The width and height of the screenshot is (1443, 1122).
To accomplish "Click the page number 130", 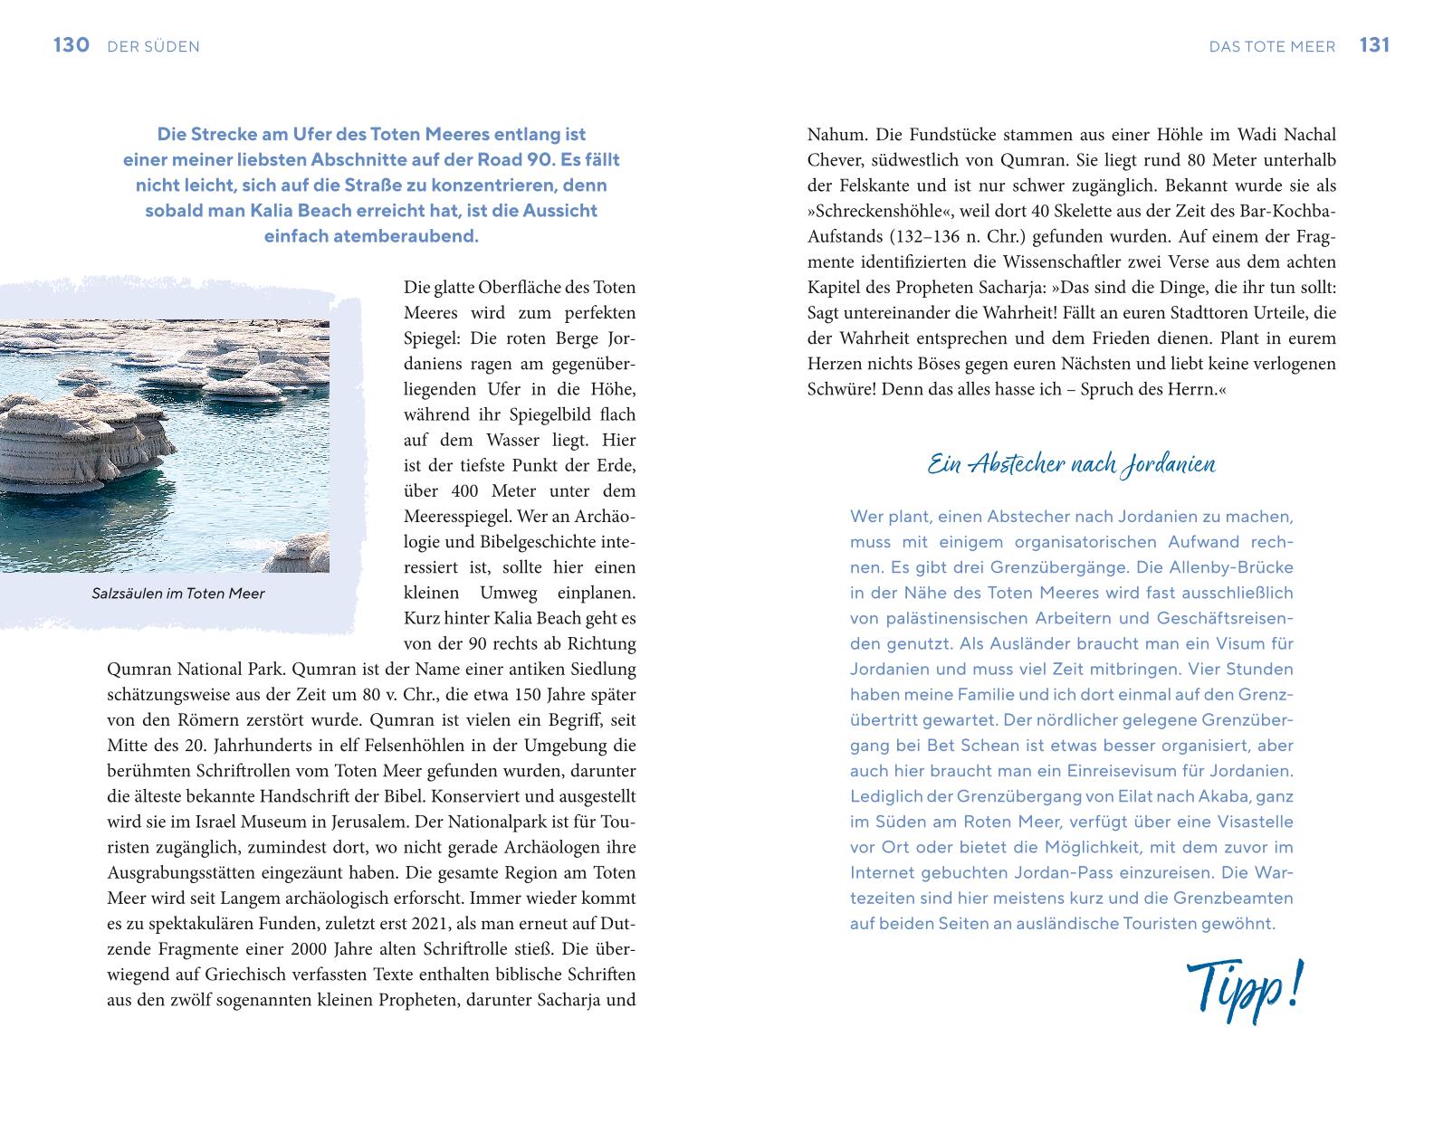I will coord(71,45).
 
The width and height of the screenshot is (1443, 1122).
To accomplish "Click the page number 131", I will coord(1374,45).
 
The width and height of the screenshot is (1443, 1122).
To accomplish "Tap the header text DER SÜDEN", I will coord(153,47).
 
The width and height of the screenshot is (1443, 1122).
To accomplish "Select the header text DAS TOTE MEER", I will coord(1272,47).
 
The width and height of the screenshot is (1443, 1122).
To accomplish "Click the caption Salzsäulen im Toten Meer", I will coord(178,594).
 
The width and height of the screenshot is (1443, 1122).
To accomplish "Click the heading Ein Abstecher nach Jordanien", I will coord(1071,465).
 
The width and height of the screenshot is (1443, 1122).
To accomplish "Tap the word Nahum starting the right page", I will coord(836,135).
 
